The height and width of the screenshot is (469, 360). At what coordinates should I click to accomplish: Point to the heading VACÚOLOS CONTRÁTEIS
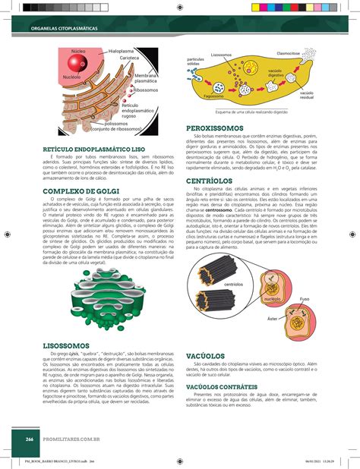(x=226, y=385)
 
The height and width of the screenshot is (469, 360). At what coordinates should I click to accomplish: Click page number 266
(x=29, y=438)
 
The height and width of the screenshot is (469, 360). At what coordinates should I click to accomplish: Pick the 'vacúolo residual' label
(x=307, y=96)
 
